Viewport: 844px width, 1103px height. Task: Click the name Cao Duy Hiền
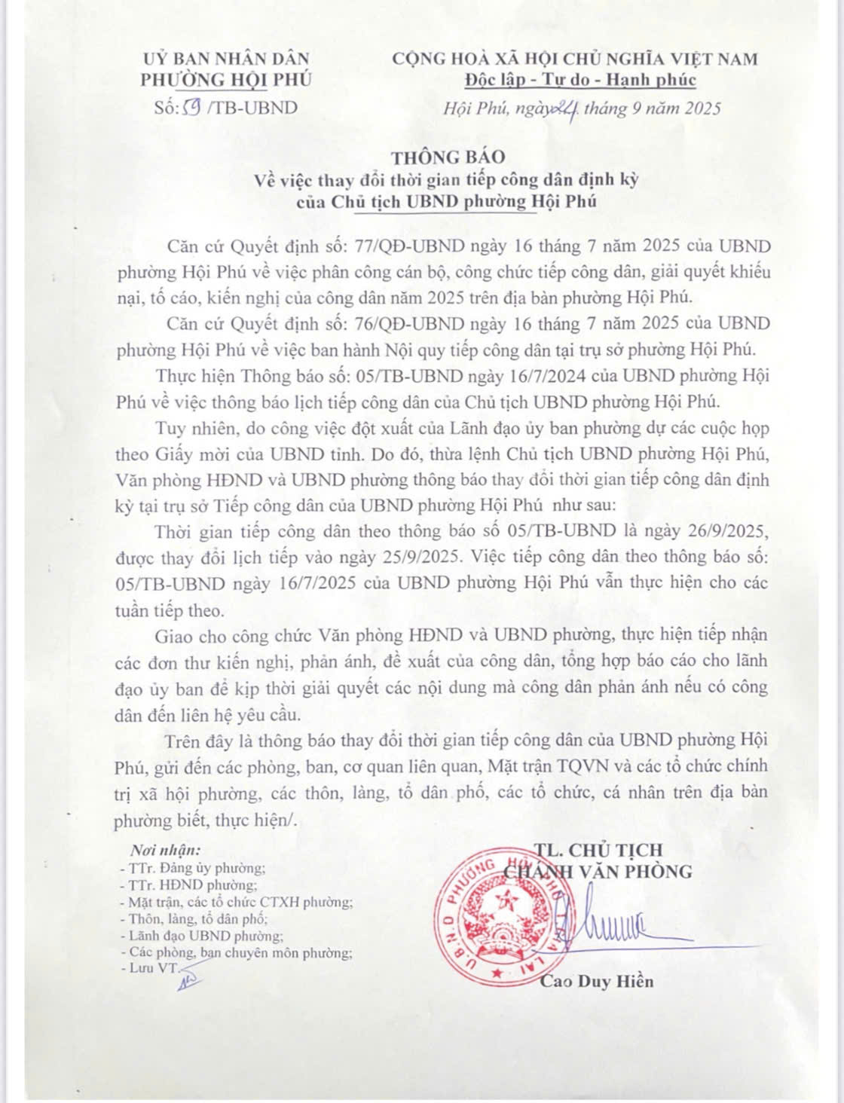[597, 981]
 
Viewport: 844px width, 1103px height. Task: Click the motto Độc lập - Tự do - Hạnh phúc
[580, 80]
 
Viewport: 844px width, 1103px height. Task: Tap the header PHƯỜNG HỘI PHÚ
[226, 80]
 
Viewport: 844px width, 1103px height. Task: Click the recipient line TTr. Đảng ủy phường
[197, 867]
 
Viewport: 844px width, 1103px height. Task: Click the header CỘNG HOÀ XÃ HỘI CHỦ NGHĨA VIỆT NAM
[575, 59]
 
